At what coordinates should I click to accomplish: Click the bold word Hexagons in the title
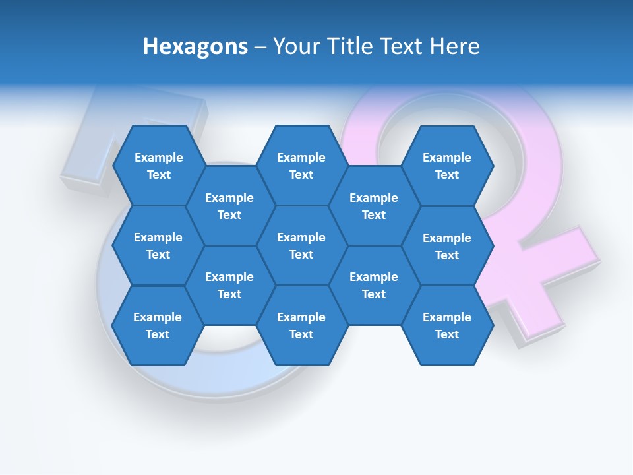195,46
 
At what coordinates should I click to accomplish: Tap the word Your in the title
294,46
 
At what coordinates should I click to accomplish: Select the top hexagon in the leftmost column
158,166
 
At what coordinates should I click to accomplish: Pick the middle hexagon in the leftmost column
158,245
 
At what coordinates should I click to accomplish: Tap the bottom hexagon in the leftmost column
158,325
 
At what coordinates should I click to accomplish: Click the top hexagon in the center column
301,166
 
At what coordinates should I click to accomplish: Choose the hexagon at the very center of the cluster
301,245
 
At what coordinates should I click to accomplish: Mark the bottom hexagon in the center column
301,325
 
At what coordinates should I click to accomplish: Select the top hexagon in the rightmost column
447,166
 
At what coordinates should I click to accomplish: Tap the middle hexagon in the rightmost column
447,246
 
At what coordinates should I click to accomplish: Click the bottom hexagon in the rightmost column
447,325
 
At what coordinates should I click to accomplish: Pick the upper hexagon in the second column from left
229,206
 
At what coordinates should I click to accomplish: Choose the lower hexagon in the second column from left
229,285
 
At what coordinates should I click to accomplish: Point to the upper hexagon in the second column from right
374,206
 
